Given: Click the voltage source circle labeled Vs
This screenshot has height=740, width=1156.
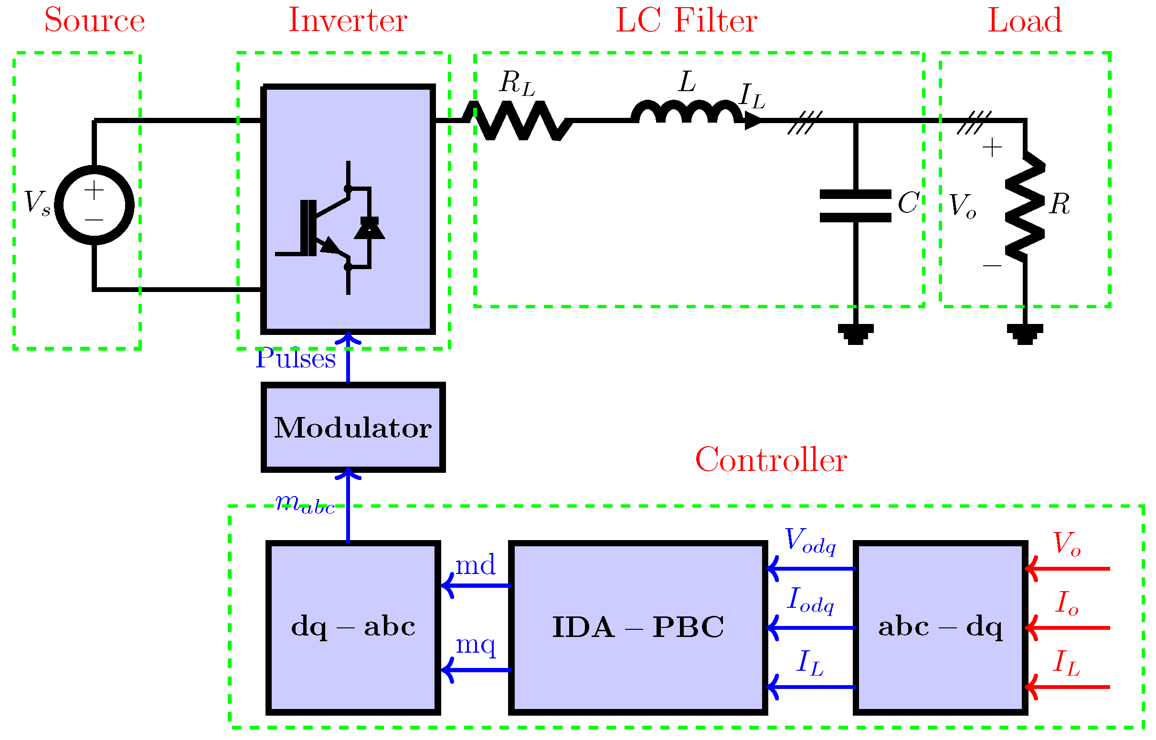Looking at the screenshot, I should tap(94, 205).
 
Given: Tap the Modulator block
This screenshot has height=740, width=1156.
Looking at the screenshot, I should tap(353, 427).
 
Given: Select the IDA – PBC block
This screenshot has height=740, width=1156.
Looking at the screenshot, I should tap(637, 627).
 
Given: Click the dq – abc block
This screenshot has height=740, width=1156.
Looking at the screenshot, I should tap(353, 627).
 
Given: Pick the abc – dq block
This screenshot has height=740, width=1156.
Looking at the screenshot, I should tap(941, 627).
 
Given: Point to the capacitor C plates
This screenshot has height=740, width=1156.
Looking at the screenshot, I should tap(856, 206).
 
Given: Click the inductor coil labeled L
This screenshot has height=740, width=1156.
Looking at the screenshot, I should tap(687, 113).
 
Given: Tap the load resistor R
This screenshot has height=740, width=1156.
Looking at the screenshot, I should tap(1025, 207).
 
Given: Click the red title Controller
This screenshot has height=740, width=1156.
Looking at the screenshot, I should tap(771, 460).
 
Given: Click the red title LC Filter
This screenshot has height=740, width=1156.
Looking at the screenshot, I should tap(686, 21).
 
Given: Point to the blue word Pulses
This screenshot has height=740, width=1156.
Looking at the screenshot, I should tap(295, 359).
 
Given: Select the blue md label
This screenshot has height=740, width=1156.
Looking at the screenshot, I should tap(475, 565).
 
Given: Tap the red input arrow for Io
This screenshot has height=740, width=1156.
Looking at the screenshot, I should tap(1068, 628).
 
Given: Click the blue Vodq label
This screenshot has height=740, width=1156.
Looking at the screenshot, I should tap(811, 541).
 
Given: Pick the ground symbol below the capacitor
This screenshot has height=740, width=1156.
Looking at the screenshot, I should tap(856, 334).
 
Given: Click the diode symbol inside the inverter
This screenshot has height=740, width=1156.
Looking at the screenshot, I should tap(369, 228).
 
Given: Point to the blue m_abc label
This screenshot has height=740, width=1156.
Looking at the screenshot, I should tap(305, 505).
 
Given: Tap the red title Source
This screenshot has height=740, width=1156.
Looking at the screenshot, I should tap(95, 21).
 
